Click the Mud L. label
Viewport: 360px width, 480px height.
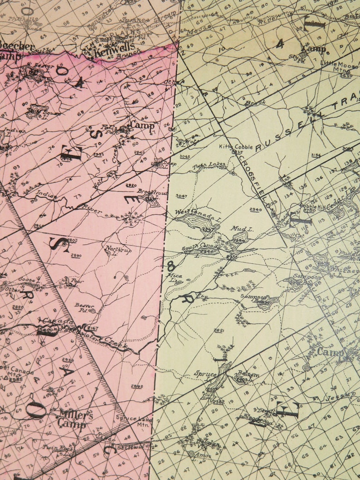pos(242,229)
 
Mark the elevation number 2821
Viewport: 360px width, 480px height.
pos(219,330)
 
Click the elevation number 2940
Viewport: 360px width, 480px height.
pos(255,210)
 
